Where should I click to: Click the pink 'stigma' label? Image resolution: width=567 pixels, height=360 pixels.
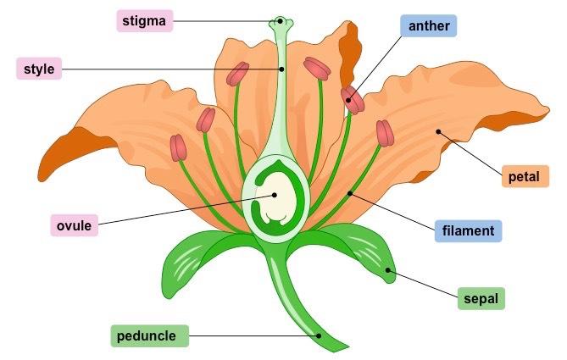coord(144,20)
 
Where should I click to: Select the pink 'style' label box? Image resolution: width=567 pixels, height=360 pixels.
coord(39,69)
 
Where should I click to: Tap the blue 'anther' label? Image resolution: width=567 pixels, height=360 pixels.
coord(428,26)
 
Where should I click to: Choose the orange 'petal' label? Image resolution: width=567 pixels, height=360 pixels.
coord(525,176)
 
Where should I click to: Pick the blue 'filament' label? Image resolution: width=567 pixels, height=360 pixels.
coord(469,230)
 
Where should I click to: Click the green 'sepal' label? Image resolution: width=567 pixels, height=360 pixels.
coord(481,298)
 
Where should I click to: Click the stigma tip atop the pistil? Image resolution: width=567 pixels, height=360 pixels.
coord(280,21)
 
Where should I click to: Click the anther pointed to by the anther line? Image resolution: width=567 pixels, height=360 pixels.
coord(352,99)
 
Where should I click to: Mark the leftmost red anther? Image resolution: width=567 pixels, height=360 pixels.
coord(178,147)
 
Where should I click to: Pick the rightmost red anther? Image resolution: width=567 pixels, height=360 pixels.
coord(386,133)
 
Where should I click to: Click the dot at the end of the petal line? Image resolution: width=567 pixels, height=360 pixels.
coord(438,131)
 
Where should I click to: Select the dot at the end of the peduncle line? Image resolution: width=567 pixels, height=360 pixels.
coord(320,335)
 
